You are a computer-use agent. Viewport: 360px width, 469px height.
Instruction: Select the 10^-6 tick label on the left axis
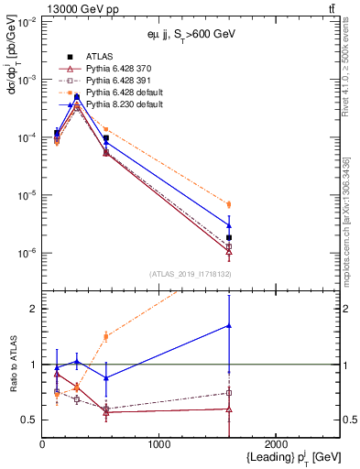(x=25, y=253)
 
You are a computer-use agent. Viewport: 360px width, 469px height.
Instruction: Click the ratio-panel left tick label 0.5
(x=30, y=420)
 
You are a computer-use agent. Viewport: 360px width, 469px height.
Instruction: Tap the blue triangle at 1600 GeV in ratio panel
(x=229, y=325)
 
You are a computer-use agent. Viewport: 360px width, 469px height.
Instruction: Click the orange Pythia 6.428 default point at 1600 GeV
(x=229, y=204)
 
